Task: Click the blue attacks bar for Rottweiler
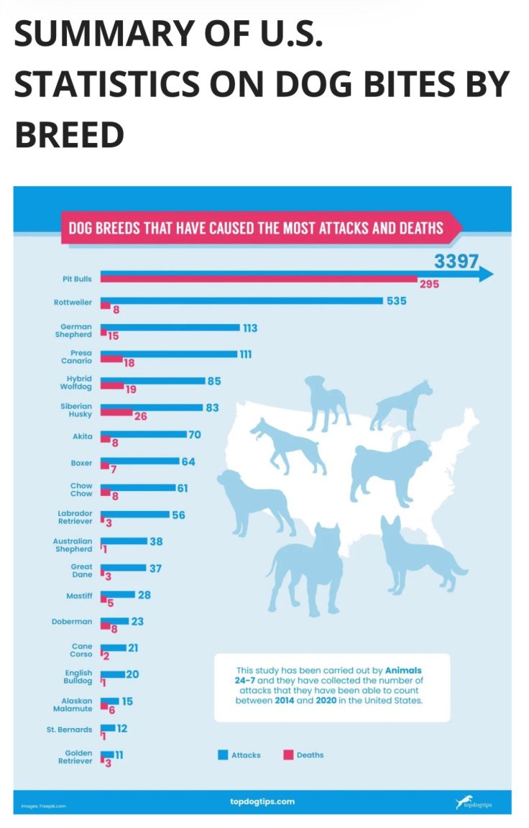pos(241,300)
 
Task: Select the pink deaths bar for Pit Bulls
pos(259,279)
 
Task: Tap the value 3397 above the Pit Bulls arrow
pos(456,262)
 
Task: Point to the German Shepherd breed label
pos(76,331)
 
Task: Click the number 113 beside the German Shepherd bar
pos(250,328)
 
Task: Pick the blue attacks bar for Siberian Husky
pos(152,408)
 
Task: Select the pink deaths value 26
pos(140,416)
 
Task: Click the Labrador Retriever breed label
pos(75,517)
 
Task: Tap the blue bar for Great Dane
pos(123,568)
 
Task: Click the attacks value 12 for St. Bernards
pos(122,728)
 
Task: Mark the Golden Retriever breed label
pos(75,756)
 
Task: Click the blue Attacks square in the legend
pos(223,755)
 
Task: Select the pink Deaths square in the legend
pos(288,755)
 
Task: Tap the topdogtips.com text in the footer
pos(262,801)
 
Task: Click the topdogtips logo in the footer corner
pos(474,802)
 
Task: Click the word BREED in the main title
pos(69,134)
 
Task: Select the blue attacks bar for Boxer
pos(139,461)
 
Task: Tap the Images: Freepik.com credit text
pos(43,806)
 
